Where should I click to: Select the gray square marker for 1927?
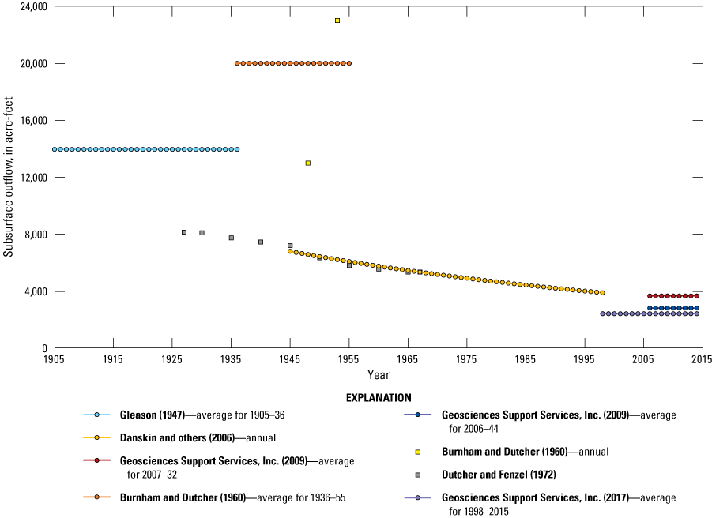coord(184,232)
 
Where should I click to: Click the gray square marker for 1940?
coord(261,242)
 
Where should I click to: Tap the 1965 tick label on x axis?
coord(408,359)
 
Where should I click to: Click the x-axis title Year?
coord(378,374)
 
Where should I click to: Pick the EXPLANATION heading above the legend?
coord(378,398)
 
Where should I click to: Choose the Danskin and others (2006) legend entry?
coord(186,437)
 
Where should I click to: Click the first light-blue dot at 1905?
coord(55,149)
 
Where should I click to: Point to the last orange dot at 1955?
coord(349,63)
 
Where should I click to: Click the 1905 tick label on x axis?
coord(55,359)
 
